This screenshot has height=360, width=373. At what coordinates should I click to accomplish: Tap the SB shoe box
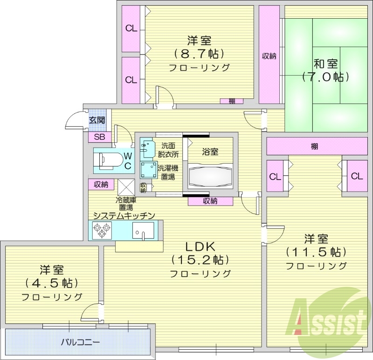(99, 137)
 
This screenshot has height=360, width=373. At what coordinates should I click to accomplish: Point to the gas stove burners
(102, 230)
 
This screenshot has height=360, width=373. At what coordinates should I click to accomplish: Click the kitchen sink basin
(143, 229)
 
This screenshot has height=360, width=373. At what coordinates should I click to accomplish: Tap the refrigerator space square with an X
(126, 187)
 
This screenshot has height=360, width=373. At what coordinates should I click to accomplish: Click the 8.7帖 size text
(199, 53)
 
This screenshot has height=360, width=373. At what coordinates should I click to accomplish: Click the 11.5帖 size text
(316, 252)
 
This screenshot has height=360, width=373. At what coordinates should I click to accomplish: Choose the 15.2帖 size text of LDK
(200, 259)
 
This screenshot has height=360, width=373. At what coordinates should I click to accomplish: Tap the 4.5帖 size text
(52, 283)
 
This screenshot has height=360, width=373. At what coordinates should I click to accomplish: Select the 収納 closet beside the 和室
(269, 56)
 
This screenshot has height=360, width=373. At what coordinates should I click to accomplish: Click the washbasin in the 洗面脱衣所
(148, 147)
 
